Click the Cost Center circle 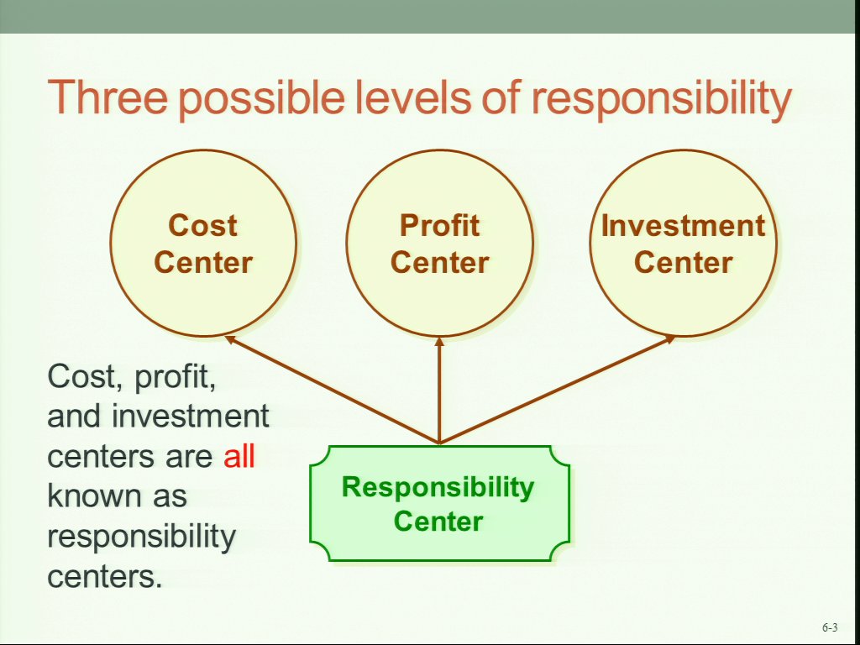point(203,243)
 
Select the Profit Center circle point(439,243)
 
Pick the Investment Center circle point(684,243)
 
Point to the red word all point(239,456)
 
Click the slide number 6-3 point(830,627)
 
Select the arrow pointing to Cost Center point(333,389)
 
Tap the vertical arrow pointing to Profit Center point(438,390)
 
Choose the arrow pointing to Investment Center point(558,389)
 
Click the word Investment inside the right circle point(684,226)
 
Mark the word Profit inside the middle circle point(439,226)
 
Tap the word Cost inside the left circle point(203,226)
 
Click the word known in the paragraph point(92,496)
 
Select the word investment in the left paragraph point(191,417)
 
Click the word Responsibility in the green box point(438,488)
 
